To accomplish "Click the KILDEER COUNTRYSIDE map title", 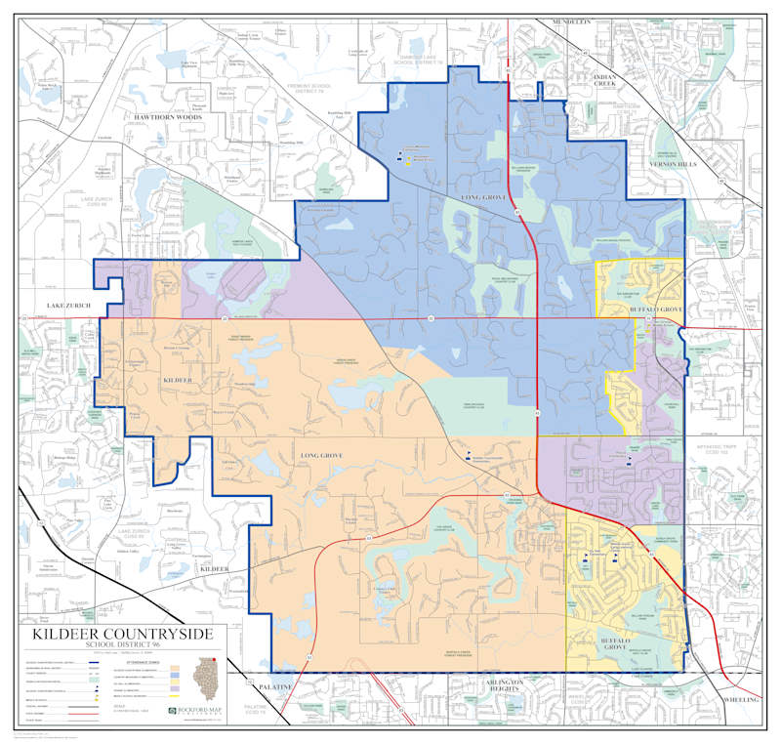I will (x=122, y=634).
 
